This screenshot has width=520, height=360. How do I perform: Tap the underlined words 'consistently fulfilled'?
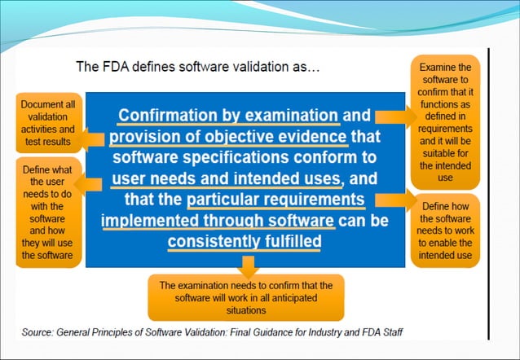click(245, 241)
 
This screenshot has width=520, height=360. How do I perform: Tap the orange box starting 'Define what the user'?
click(48, 209)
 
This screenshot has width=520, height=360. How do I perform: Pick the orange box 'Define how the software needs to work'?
click(446, 230)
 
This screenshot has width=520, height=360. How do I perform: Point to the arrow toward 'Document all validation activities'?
click(95, 138)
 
